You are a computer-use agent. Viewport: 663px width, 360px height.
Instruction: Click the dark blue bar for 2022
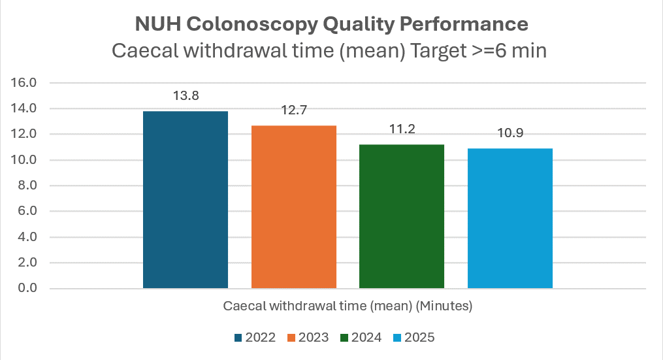[x=186, y=199]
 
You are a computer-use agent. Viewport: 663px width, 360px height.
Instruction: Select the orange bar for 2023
[x=294, y=206]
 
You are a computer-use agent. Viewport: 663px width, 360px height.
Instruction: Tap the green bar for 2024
[x=402, y=216]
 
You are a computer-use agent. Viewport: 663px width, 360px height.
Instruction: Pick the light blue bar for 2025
[x=510, y=218]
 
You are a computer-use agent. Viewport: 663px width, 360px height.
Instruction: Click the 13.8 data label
[x=186, y=96]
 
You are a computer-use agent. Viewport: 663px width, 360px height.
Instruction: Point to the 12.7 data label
[x=294, y=110]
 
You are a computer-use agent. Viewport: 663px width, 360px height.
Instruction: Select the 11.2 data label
[x=402, y=129]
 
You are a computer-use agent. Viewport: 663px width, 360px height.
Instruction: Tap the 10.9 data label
[x=510, y=133]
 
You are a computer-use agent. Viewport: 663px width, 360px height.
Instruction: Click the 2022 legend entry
[x=255, y=338]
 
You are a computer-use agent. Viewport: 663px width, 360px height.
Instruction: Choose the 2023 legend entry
[x=309, y=338]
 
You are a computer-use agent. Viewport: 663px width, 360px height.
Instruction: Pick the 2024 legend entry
[x=363, y=338]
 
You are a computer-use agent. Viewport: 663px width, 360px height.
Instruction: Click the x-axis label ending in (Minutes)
[x=348, y=306]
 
